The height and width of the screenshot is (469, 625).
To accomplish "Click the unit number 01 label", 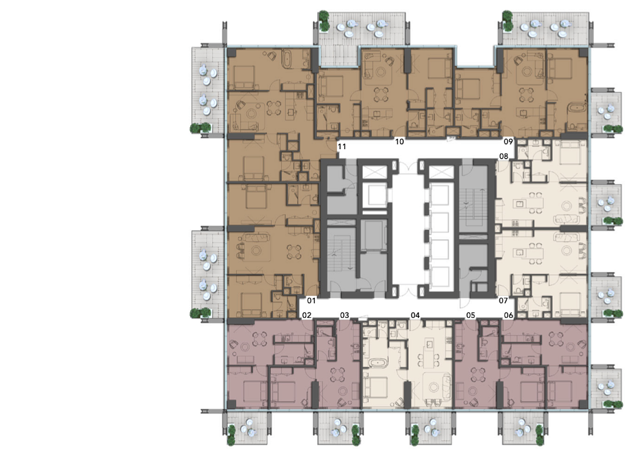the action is [311, 300].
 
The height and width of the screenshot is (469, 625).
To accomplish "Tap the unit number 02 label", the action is [307, 315].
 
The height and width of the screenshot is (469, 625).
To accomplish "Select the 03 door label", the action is [345, 315].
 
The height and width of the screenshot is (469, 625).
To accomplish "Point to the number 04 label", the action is [415, 315].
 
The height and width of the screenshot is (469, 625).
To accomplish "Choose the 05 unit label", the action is [471, 315].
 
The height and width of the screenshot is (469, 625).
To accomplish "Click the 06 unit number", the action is [508, 315].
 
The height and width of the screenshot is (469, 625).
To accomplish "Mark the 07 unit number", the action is [503, 300].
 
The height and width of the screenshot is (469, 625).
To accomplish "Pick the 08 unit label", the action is [504, 156].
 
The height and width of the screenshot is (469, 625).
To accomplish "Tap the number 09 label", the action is [508, 141].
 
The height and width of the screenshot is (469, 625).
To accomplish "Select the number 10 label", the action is [399, 142].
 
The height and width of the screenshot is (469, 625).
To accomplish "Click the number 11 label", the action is [342, 147].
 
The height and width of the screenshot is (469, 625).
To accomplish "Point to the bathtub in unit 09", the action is [577, 109].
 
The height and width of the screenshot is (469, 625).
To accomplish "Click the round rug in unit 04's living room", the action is [434, 387].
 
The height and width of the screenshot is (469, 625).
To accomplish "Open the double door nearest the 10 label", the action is [408, 166].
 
